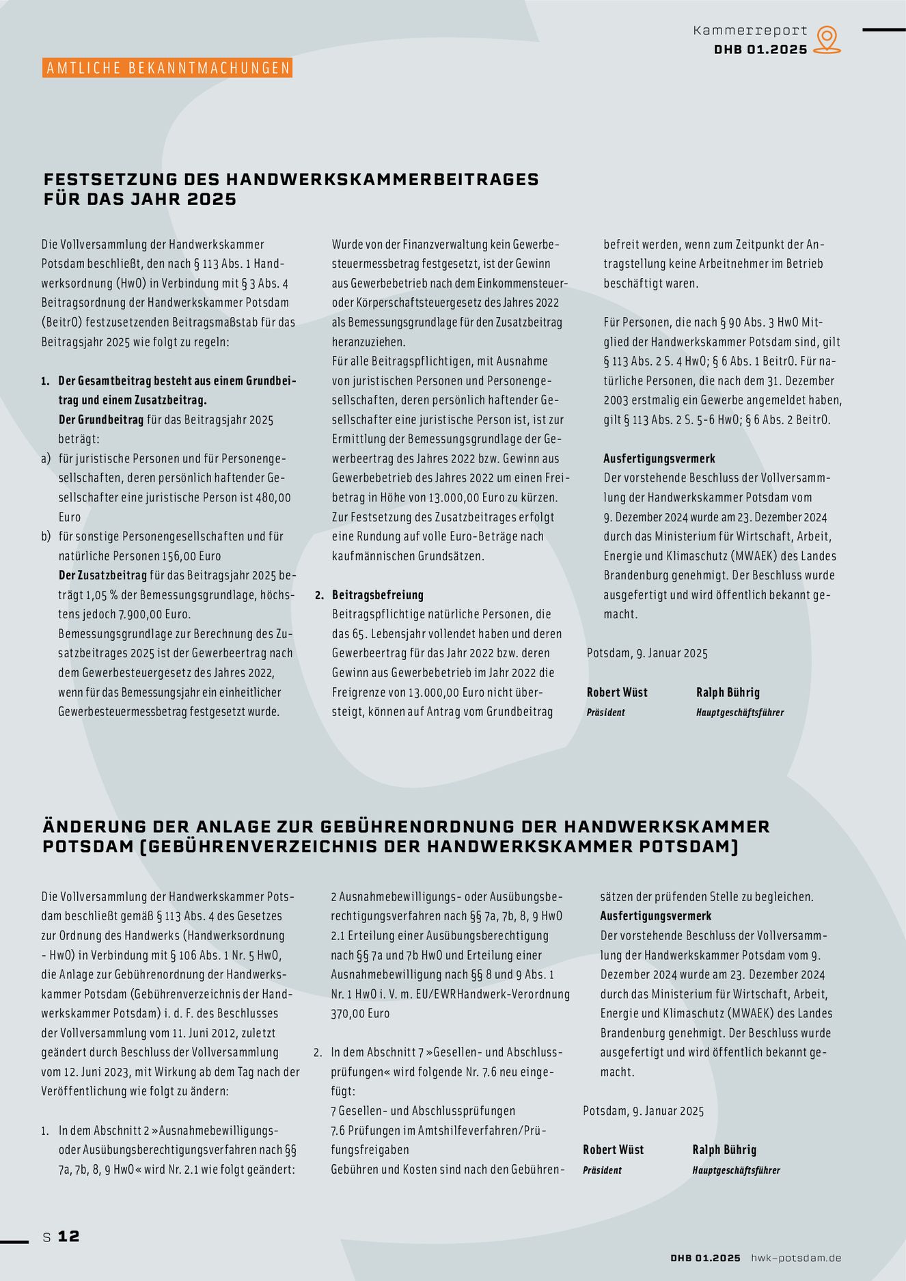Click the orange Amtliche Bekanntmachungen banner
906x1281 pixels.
tap(167, 68)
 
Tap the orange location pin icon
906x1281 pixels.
tap(827, 40)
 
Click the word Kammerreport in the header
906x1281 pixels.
tap(750, 31)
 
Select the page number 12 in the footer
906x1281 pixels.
tap(68, 1236)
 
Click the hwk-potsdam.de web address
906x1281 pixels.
tap(796, 1258)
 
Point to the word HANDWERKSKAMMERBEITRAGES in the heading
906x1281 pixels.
tap(382, 180)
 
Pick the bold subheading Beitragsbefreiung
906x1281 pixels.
tap(378, 595)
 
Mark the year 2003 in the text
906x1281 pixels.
tap(618, 400)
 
